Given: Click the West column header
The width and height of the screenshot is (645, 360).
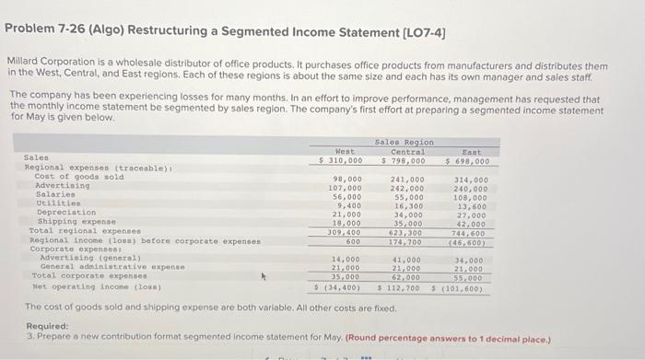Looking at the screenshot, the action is [345, 151].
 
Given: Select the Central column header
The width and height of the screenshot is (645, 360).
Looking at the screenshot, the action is [407, 151].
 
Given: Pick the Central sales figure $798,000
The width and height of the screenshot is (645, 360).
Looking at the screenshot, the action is [403, 161].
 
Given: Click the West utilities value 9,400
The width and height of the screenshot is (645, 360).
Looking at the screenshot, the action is [347, 204].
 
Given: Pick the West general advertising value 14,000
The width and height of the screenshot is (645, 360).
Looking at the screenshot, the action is [346, 259].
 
